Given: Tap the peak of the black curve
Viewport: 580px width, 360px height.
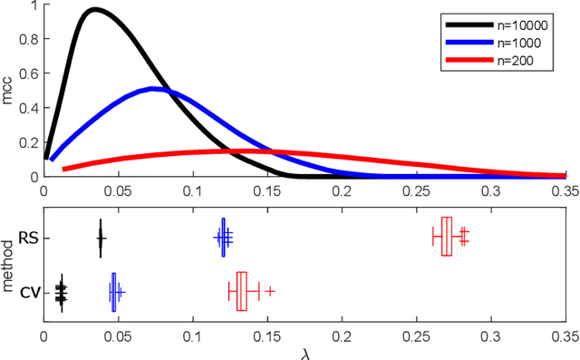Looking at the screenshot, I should click(x=94, y=10).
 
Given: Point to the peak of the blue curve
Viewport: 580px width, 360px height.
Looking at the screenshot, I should click(x=155, y=88).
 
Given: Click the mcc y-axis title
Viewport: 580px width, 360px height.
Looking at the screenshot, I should click(x=10, y=91).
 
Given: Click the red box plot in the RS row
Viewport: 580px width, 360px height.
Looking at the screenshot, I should click(x=446, y=237).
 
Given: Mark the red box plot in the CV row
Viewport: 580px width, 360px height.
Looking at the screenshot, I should click(x=241, y=291).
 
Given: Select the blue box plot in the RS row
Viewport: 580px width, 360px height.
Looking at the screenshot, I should click(x=222, y=238).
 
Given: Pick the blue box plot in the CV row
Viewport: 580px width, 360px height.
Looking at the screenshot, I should click(x=114, y=292).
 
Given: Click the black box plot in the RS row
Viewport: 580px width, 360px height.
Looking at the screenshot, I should click(x=101, y=238).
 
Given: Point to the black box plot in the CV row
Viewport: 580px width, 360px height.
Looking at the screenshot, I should click(x=61, y=292).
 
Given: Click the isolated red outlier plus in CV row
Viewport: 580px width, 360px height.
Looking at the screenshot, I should click(x=270, y=291).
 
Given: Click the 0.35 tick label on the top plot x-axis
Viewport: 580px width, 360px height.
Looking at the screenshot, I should click(x=564, y=193).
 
